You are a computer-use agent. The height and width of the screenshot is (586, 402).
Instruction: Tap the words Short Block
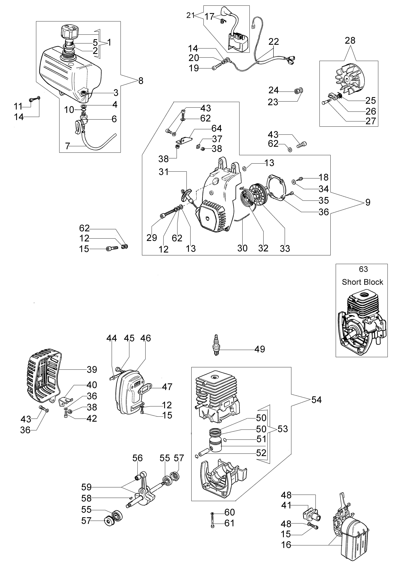click(362, 282)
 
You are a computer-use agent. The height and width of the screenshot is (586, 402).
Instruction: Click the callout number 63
click(363, 269)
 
